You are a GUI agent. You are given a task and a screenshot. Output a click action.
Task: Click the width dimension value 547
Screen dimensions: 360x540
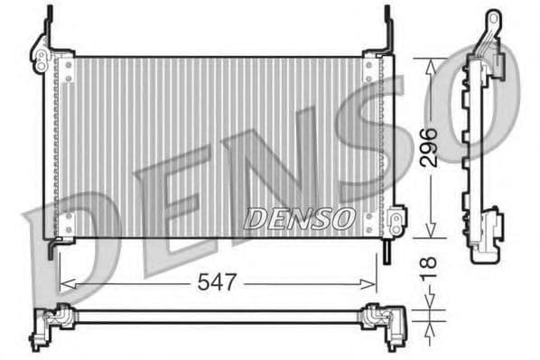point(217,282)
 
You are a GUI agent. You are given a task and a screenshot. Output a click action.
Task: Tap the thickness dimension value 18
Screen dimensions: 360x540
point(430,265)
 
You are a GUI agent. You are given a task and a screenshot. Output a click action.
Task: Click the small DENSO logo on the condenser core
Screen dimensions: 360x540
point(299,217)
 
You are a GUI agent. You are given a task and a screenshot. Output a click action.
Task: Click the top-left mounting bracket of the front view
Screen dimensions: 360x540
point(41,55)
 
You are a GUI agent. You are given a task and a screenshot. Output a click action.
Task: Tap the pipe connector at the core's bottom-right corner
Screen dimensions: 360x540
point(395,219)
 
